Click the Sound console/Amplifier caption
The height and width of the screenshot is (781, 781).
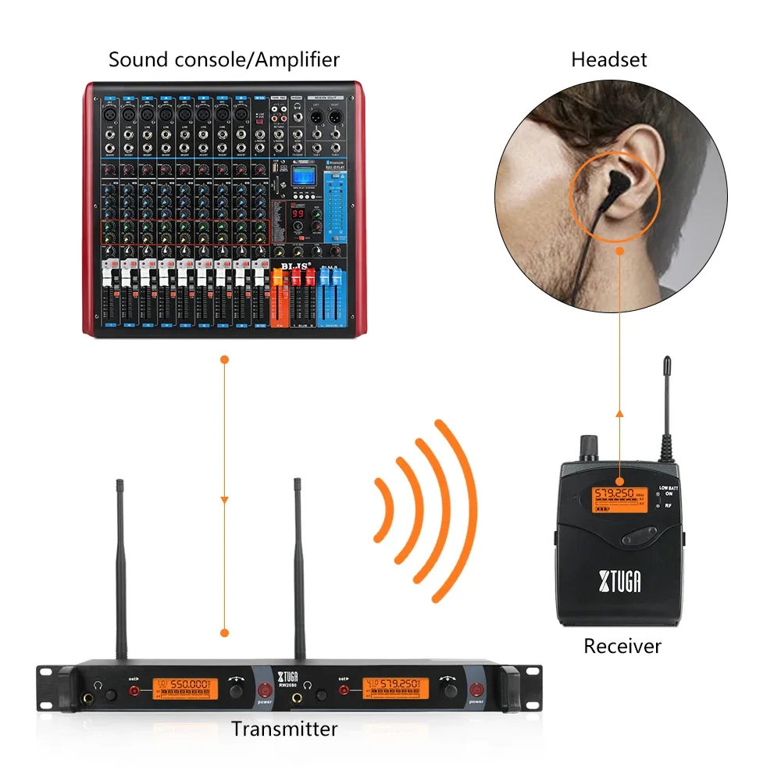[x=224, y=59]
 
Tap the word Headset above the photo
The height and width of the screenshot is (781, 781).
[x=608, y=59]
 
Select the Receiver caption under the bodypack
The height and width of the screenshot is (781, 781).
[x=622, y=646]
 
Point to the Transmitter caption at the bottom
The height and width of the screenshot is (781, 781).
[x=284, y=729]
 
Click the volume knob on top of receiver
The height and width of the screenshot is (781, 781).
[x=585, y=448]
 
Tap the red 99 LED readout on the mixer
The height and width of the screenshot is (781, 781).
[x=298, y=213]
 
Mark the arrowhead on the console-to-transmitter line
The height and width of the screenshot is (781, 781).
[x=225, y=498]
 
